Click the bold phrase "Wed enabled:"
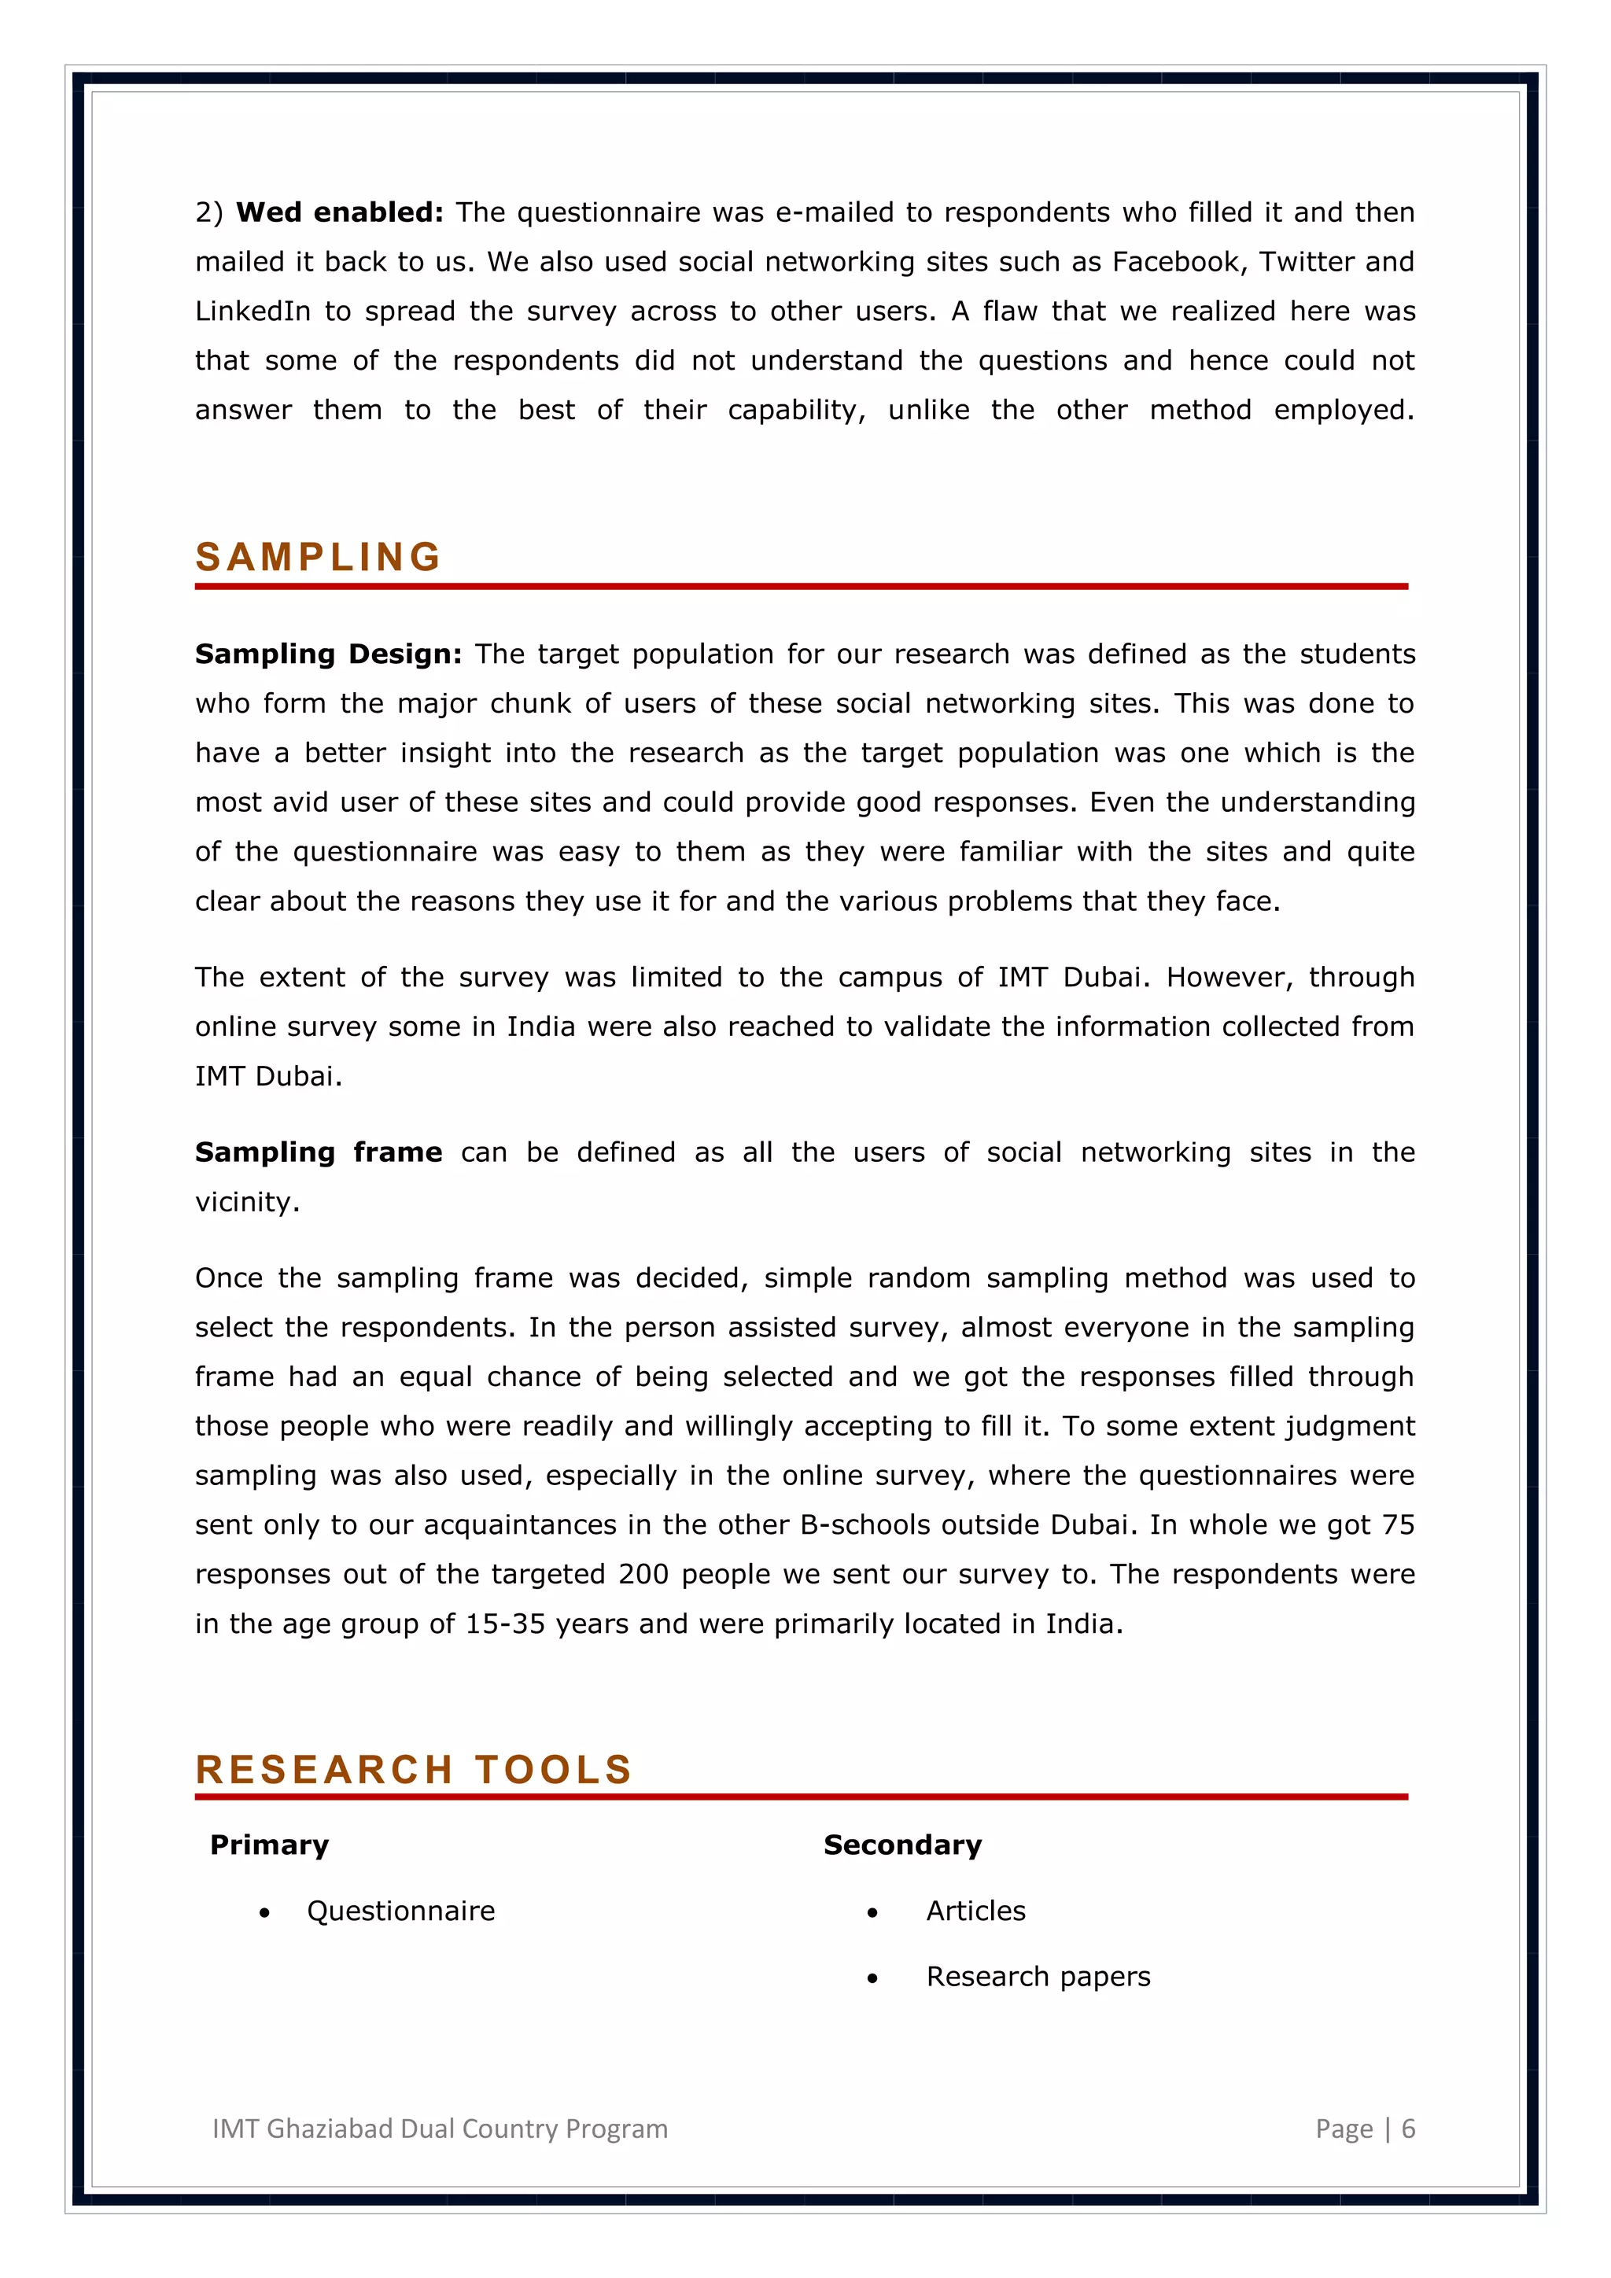tap(339, 212)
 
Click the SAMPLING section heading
tap(319, 558)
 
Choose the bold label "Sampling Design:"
tap(328, 654)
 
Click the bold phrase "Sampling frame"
tap(319, 1153)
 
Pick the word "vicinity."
tap(247, 1203)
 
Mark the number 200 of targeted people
tap(643, 1575)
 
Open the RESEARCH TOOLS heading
tap(414, 1770)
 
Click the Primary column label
tap(269, 1845)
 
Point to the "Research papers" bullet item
tap(1038, 1978)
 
